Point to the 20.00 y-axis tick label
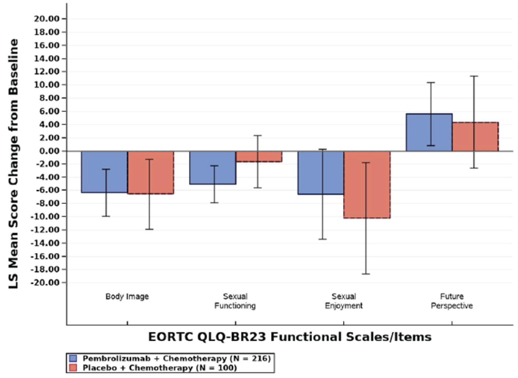pyautogui.click(x=46, y=19)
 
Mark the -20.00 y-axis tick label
pyautogui.click(x=45, y=283)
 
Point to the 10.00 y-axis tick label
pyautogui.click(x=46, y=85)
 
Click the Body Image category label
pyautogui.click(x=127, y=296)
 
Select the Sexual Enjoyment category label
pyautogui.click(x=344, y=301)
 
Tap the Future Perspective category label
pyautogui.click(x=452, y=301)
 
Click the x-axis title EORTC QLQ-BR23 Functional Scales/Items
pyautogui.click(x=290, y=337)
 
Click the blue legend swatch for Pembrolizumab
pyautogui.click(x=73, y=358)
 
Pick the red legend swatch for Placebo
pyautogui.click(x=73, y=368)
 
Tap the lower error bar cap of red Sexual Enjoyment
pyautogui.click(x=366, y=274)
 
